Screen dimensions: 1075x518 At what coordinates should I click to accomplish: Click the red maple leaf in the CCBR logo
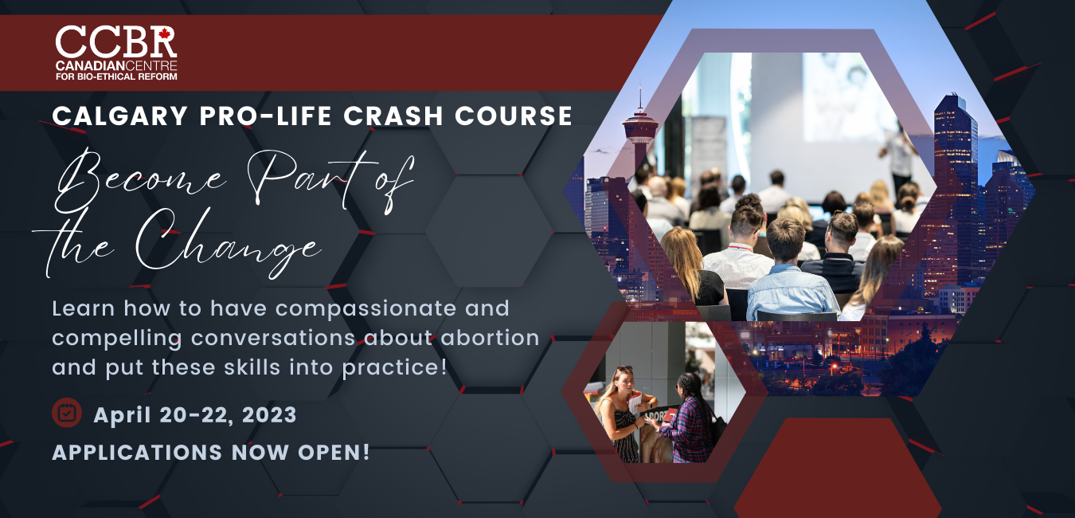pos(165,33)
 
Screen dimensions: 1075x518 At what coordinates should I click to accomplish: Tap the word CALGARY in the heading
pos(119,116)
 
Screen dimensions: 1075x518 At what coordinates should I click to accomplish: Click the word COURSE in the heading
pos(514,116)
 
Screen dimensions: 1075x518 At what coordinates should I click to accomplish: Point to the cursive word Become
pos(139,180)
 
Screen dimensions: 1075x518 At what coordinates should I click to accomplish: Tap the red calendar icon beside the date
pos(67,412)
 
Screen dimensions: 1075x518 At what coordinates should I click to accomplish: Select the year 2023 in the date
pos(269,414)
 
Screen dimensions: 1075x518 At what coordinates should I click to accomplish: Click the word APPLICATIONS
pos(137,452)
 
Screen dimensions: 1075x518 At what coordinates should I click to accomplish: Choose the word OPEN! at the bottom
pos(334,452)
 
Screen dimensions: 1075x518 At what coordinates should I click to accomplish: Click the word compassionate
pos(333,309)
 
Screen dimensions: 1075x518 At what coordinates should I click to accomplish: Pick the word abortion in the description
pos(490,337)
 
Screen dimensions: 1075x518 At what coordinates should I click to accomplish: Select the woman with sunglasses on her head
pos(621,414)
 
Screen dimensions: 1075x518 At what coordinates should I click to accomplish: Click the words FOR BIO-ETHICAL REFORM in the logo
pos(116,77)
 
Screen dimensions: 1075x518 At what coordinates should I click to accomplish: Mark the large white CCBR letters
pos(116,41)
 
